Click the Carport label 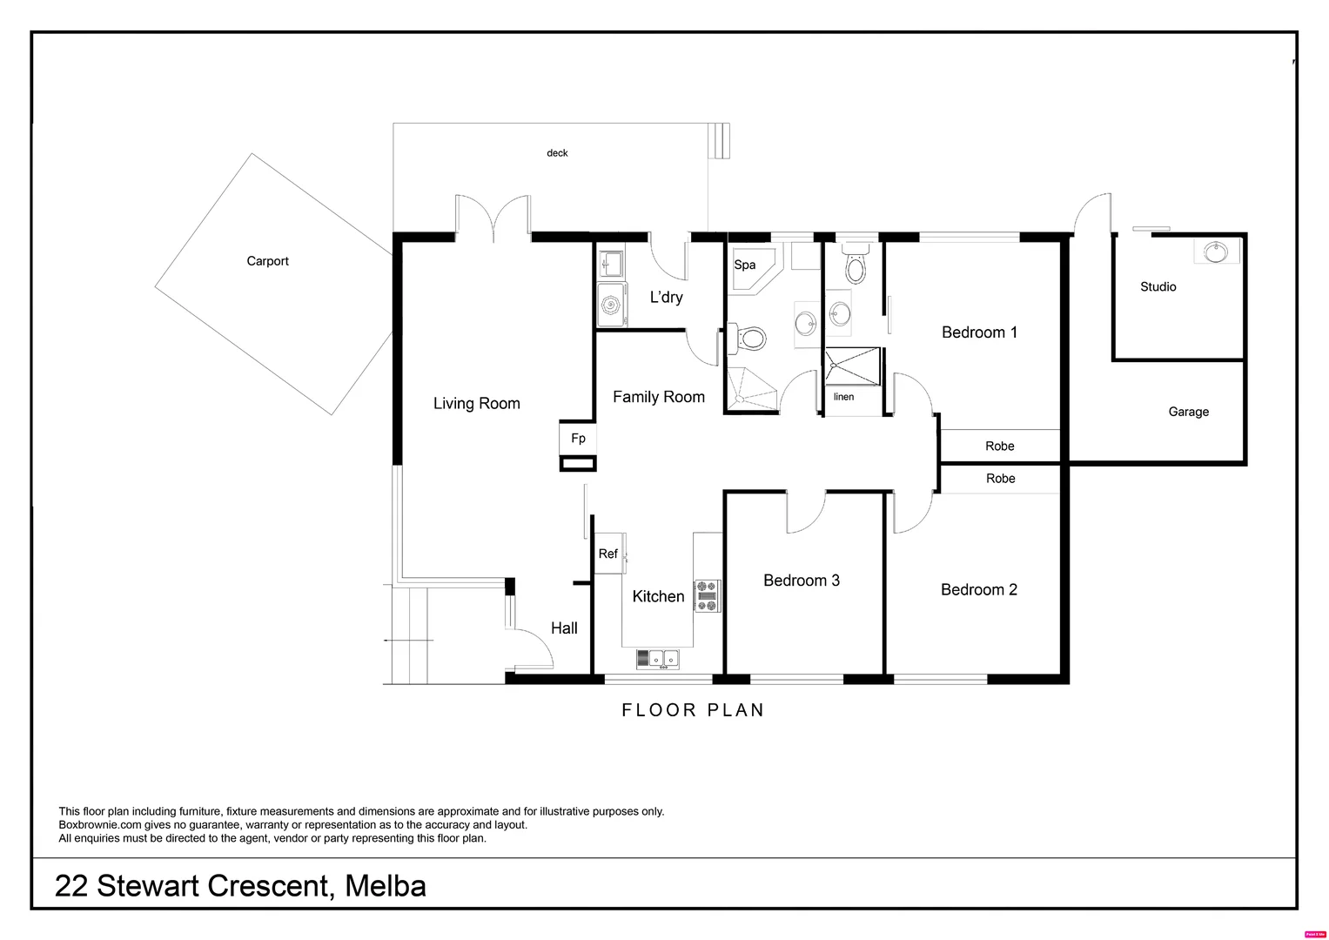point(267,261)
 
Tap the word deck point(557,153)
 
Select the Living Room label point(476,404)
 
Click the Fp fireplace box point(578,438)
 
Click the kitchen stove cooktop point(708,596)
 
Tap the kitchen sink point(658,659)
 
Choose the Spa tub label point(745,265)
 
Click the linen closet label point(843,396)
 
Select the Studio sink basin point(1216,252)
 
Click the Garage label point(1188,412)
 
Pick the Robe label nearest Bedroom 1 point(1000,446)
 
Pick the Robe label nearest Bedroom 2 point(1000,479)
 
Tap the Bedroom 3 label point(802,581)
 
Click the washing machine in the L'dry point(611,305)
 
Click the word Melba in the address point(386,886)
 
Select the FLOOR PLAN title point(693,710)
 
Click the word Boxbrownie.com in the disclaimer point(100,825)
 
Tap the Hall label point(564,628)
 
